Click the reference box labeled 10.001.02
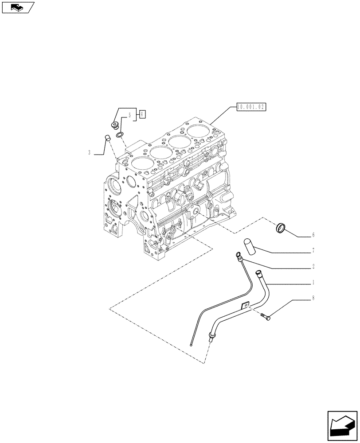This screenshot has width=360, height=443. [250, 106]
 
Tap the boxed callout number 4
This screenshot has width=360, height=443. [142, 114]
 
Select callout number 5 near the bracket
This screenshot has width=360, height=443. [130, 116]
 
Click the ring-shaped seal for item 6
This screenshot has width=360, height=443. [281, 228]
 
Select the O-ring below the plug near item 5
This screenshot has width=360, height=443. [120, 135]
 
